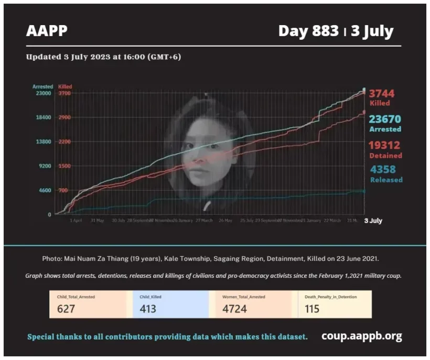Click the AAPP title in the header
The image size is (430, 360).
pos(47,31)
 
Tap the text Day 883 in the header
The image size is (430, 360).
pos(308,31)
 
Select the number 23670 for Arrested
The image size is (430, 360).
pos(384,119)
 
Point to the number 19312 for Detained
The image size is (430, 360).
pos(384,146)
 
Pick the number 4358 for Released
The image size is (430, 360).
pos(383,170)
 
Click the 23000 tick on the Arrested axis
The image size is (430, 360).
pos(42,93)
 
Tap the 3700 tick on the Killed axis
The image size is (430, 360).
pos(64,93)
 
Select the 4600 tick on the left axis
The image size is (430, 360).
pos(44,190)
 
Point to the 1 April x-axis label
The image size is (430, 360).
pos(76,221)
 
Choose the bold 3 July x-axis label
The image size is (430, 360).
pos(373,221)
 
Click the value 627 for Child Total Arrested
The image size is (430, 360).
pos(66,309)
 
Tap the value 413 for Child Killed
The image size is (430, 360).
pos(148,309)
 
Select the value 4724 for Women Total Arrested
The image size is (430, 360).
pos(234,309)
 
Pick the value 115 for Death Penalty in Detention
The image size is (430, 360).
pos(312,309)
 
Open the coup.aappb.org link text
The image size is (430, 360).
pos(361,336)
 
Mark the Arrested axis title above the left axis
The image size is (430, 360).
pos(42,86)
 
